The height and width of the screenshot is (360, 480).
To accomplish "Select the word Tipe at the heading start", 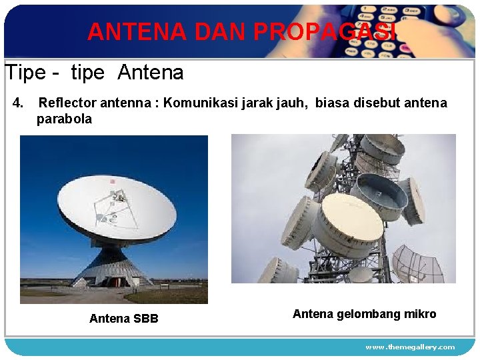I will [x=25, y=72].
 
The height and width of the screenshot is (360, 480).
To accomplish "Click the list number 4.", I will [x=18, y=103].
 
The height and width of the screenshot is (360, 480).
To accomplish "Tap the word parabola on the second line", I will [x=64, y=119].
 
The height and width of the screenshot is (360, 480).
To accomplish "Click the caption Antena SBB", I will [x=124, y=319].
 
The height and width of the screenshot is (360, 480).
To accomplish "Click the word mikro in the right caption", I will [x=420, y=314].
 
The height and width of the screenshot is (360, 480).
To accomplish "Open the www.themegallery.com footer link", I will [x=410, y=347].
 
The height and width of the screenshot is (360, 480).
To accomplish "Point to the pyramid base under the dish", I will [x=113, y=267].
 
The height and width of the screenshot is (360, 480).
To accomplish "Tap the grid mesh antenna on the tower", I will [x=417, y=263].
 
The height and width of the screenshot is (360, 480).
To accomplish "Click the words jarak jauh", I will [x=272, y=103].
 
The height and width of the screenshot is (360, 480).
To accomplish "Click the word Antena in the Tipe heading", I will [x=151, y=72].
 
